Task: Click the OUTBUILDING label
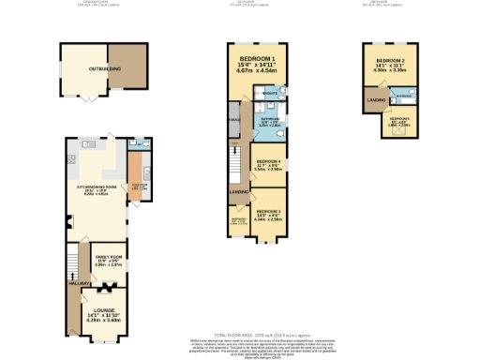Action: (x=83, y=67)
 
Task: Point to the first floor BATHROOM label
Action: (x=271, y=119)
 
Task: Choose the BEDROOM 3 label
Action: (x=270, y=212)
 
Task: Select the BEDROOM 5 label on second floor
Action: (x=399, y=119)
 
